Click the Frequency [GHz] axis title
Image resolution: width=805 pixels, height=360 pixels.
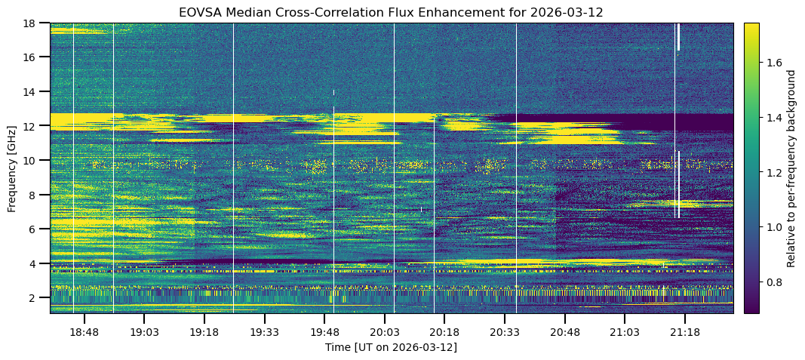[12, 168]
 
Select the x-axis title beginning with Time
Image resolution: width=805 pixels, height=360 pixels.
[391, 347]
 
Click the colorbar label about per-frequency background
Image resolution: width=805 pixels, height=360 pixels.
[791, 168]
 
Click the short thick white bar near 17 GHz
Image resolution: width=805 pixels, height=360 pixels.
[678, 36]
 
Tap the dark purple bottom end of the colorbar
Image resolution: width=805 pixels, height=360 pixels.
[751, 309]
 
